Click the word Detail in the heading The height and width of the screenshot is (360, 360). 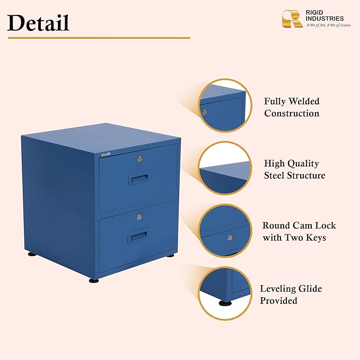pyautogui.click(x=38, y=23)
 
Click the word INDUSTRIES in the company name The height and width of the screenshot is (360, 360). pyautogui.click(x=324, y=19)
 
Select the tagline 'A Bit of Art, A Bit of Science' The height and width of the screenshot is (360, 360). pyautogui.click(x=328, y=25)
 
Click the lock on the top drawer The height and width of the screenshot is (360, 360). pyautogui.click(x=140, y=158)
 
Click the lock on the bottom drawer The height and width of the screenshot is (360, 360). pyautogui.click(x=139, y=217)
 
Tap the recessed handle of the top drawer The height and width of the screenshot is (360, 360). pyautogui.click(x=138, y=179)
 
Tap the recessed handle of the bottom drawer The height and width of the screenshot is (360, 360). pyautogui.click(x=137, y=237)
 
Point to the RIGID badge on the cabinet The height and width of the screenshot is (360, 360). pyautogui.click(x=106, y=154)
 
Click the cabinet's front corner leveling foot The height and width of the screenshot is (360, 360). pyautogui.click(x=94, y=280)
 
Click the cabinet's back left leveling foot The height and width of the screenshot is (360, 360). pyautogui.click(x=32, y=254)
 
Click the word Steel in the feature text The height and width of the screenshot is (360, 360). pyautogui.click(x=274, y=175)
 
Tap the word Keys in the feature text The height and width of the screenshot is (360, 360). pyautogui.click(x=316, y=238)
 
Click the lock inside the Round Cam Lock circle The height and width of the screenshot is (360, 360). pyautogui.click(x=230, y=238)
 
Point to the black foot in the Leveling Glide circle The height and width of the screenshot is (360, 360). pyautogui.click(x=225, y=303)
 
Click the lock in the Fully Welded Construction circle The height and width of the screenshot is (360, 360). pyautogui.click(x=205, y=112)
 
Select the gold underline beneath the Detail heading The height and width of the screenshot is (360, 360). pyautogui.click(x=99, y=38)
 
